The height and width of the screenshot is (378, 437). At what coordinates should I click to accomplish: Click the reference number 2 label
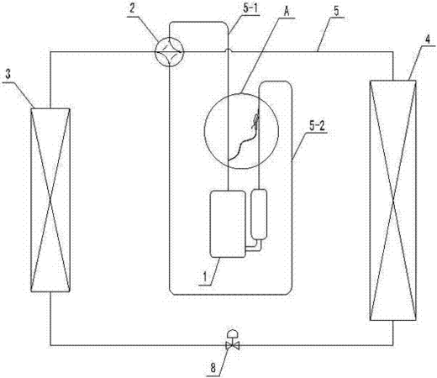pos(132,8)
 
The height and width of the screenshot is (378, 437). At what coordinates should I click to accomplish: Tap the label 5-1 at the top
pos(250,8)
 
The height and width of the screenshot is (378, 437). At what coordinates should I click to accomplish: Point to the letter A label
pos(287,12)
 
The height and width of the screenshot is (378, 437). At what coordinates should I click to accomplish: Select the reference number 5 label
pos(336,11)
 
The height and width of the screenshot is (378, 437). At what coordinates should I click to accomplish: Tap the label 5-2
pos(317,126)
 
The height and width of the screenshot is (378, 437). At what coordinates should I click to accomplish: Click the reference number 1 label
pos(205,277)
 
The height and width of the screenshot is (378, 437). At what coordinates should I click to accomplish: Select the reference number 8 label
pos(213,368)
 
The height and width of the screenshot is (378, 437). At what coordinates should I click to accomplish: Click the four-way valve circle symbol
pos(169,52)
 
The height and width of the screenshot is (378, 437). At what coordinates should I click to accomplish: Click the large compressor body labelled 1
pos(228,223)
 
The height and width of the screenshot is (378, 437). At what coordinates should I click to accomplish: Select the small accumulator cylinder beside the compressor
pos(259,214)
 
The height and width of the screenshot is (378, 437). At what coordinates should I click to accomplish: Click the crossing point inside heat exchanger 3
pos(50,200)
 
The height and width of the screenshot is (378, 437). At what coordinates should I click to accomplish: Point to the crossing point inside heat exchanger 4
pos(393,200)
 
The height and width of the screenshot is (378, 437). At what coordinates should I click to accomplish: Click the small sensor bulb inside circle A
pos(255,121)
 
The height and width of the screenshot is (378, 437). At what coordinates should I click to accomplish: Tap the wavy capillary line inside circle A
pos(241,144)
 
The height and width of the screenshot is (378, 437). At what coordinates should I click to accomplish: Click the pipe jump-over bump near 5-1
pos(229,50)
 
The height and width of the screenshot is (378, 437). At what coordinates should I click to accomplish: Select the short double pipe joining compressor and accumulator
pos(254,247)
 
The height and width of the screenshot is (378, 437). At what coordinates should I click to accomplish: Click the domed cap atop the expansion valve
pos(232,333)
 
